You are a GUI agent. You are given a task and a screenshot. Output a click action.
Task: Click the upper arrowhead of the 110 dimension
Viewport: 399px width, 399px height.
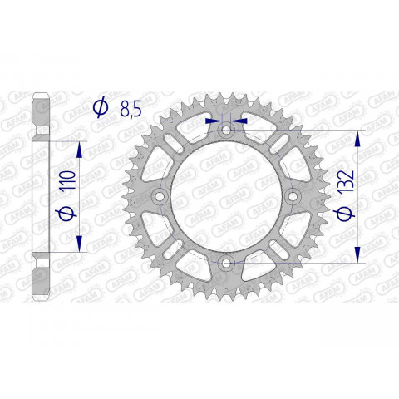point(79,148)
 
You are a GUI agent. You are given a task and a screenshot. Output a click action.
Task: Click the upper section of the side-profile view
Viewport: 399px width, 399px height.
point(41,116)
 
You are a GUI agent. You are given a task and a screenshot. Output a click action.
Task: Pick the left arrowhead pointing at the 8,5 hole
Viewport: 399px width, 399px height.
point(212,120)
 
